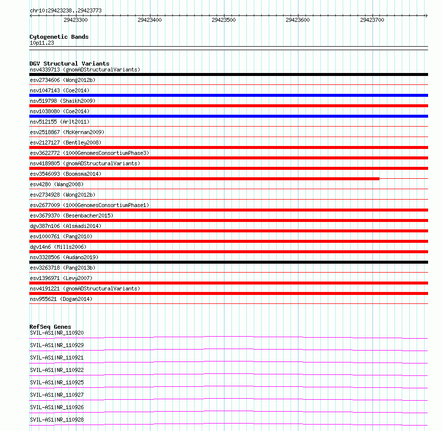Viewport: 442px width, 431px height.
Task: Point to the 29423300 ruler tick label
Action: (x=76, y=20)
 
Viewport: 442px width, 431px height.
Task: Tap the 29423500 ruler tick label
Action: (x=223, y=20)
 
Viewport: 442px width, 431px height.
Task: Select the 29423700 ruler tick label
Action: (x=372, y=20)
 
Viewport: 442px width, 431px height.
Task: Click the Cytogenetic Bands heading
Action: (x=59, y=37)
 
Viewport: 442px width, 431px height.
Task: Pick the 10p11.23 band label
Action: (x=42, y=43)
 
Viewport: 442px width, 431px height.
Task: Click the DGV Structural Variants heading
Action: (x=70, y=64)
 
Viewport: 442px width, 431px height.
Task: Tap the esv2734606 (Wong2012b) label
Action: (x=63, y=80)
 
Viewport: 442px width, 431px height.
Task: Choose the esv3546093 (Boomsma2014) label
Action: (x=66, y=174)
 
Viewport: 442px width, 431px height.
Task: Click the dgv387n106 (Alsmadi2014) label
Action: (x=66, y=226)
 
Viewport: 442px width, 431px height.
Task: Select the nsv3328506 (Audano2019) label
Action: (x=64, y=257)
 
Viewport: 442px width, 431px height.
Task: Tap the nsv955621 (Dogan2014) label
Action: (x=61, y=299)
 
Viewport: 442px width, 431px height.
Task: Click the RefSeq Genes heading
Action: (x=50, y=327)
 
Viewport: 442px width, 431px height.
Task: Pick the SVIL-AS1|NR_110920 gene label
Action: (x=57, y=333)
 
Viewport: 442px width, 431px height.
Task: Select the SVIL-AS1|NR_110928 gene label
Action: (x=57, y=420)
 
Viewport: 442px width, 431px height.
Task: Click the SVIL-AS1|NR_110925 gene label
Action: (x=57, y=382)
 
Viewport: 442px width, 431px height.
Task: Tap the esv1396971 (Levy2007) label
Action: (x=61, y=278)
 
